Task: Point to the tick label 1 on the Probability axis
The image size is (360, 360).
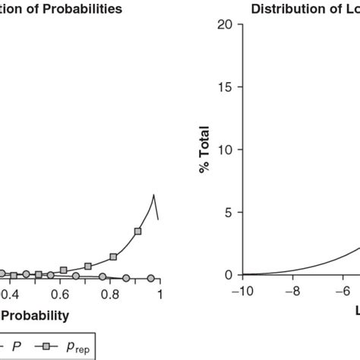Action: [x=160, y=293]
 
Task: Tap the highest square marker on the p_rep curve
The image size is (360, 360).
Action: [x=137, y=231]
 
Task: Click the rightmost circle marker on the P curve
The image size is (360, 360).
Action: [x=150, y=279]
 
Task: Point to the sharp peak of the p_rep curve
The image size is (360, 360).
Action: [x=154, y=195]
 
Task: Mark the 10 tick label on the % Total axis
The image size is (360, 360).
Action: [x=222, y=150]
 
